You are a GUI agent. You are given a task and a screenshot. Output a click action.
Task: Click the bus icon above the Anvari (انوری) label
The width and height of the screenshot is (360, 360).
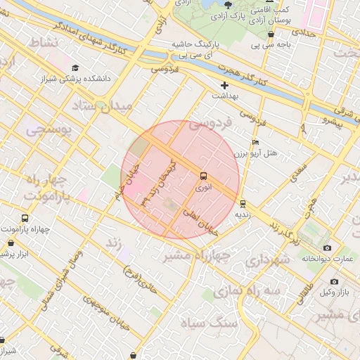[204, 176]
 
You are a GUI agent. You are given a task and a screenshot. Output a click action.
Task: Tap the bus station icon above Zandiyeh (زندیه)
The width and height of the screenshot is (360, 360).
[243, 200]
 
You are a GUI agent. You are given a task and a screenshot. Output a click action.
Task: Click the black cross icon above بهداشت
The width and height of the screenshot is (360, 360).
[225, 85]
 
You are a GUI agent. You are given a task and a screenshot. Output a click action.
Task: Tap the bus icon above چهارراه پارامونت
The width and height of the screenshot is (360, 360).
[25, 218]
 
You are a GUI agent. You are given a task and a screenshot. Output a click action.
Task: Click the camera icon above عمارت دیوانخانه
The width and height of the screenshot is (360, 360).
[327, 247]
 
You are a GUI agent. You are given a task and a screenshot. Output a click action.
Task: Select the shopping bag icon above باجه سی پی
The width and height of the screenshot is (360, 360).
[255, 35]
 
